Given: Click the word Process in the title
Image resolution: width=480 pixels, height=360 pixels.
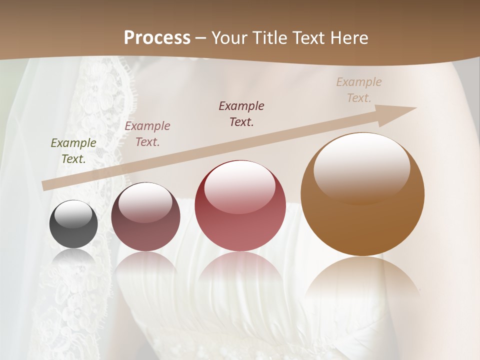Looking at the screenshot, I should tap(157, 38).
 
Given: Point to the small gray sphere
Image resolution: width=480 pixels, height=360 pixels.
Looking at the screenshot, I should tap(73, 224).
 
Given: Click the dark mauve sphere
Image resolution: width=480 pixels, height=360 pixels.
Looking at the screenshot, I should tap(145, 217).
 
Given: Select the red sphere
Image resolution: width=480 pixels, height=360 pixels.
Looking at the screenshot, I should tap(240, 206).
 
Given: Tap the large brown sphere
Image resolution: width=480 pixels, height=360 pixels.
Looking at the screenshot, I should tap(362, 194).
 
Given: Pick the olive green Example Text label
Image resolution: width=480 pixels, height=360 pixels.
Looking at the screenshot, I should tap(73, 150).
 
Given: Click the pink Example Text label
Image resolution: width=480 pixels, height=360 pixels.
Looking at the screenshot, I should tap(147, 133).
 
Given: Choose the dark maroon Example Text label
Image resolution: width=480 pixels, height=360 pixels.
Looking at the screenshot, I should tap(241, 113).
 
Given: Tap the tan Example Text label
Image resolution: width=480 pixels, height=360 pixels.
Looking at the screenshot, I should tap(359, 89).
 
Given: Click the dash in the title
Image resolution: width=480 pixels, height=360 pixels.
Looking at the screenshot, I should tap(201, 38).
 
